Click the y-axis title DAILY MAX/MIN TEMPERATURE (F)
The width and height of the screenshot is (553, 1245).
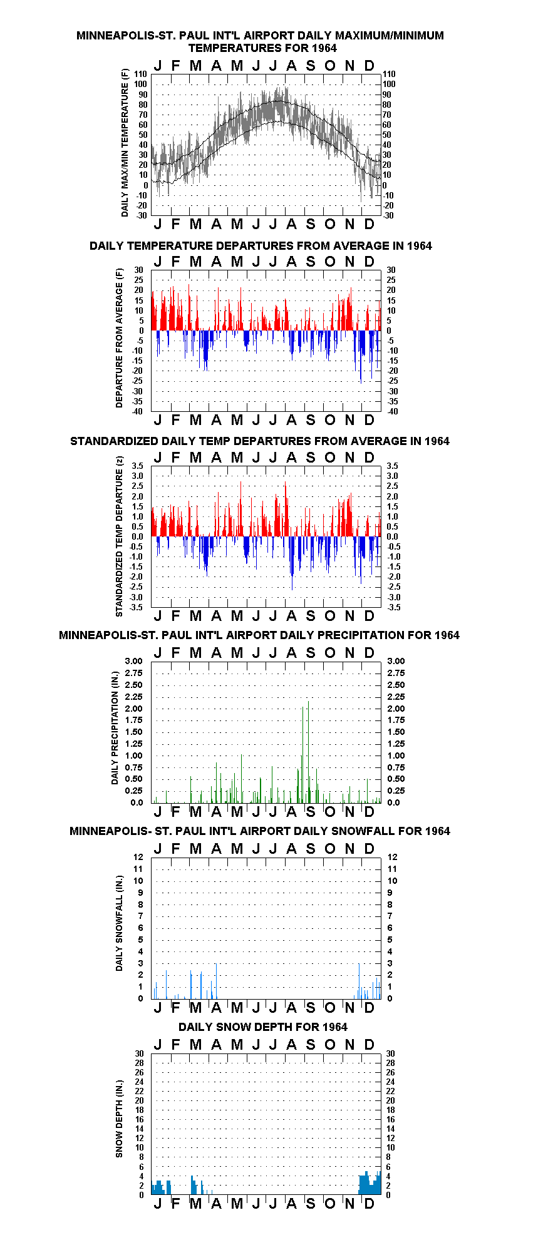coord(125,143)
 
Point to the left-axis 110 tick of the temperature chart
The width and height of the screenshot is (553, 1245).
coord(140,74)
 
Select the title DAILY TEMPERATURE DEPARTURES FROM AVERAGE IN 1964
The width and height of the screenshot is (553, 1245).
coord(261,245)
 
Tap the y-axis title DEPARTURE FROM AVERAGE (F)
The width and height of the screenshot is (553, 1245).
coord(119,338)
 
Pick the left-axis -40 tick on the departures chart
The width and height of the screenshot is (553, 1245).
coord(138,411)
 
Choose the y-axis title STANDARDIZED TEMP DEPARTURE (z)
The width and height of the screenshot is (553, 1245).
coord(119,536)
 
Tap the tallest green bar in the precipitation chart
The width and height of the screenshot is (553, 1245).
coord(308,752)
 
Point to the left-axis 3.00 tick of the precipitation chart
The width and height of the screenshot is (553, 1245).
coord(134,661)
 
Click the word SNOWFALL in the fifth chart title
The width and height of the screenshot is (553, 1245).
coord(366,831)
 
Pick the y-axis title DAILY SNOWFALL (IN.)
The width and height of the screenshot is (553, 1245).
coord(119,923)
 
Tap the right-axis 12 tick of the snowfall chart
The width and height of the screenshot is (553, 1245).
coord(392,857)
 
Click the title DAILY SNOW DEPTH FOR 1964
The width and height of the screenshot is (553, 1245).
coord(263,1027)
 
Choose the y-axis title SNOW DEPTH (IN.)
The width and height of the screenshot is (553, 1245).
coord(119,1118)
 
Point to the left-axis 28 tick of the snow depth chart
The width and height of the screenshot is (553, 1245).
coord(139,1063)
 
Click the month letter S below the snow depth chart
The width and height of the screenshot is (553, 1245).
coord(311,1203)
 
